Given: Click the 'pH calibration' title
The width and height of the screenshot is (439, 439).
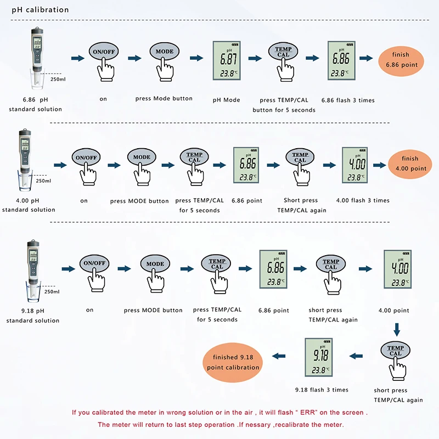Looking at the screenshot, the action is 40,10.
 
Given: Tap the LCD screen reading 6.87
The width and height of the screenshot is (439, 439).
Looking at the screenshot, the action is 227,60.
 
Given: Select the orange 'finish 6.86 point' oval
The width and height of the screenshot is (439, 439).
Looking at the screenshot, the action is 401,60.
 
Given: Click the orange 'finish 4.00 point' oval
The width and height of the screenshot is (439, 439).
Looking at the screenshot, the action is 410,164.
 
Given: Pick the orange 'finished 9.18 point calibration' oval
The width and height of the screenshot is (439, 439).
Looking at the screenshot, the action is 233,362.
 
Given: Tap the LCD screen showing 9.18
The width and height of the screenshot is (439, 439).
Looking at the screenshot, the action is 319,357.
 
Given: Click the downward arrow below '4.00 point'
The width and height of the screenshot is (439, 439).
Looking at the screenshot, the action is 397,330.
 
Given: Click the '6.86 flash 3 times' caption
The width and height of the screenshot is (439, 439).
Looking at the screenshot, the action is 348,100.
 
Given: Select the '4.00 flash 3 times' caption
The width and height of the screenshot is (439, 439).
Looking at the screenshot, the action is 363,200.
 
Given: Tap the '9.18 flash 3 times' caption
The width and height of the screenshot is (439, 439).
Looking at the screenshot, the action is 322,390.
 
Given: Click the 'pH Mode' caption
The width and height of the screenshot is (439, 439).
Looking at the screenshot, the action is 226,100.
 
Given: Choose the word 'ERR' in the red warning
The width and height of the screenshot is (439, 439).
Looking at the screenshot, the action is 308,413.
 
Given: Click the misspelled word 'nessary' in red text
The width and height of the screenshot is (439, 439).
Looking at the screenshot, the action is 262,425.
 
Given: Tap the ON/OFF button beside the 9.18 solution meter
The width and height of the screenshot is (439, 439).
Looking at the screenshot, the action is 94,263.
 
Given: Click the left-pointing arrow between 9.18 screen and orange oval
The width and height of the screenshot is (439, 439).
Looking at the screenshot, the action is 279,356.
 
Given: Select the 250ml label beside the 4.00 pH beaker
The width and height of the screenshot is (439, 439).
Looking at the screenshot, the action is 43,181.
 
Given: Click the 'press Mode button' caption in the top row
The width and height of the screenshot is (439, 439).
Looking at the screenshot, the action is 164,99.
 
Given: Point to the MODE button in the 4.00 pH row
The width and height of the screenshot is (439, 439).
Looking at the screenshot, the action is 142,157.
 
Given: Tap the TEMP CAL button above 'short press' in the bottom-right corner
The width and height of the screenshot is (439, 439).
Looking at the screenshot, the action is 395,351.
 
